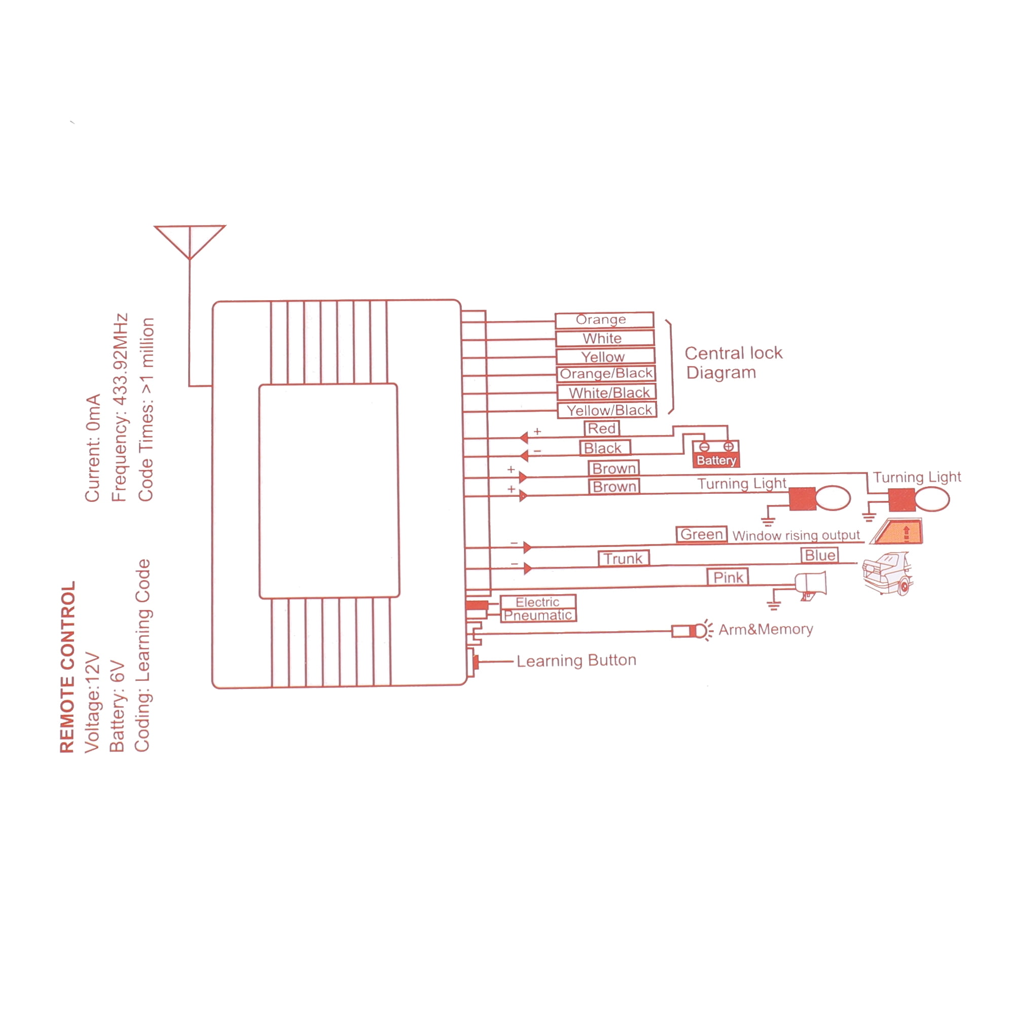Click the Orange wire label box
604,319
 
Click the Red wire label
601,428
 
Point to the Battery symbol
716,453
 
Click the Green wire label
701,534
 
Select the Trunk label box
624,558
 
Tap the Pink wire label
728,577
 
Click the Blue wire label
820,555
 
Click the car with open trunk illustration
888,573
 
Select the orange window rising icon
897,532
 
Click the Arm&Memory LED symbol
692,630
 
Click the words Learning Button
576,660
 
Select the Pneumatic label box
538,615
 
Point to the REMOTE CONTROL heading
68,667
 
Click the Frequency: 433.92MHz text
120,408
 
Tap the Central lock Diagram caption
733,363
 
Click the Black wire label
605,448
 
